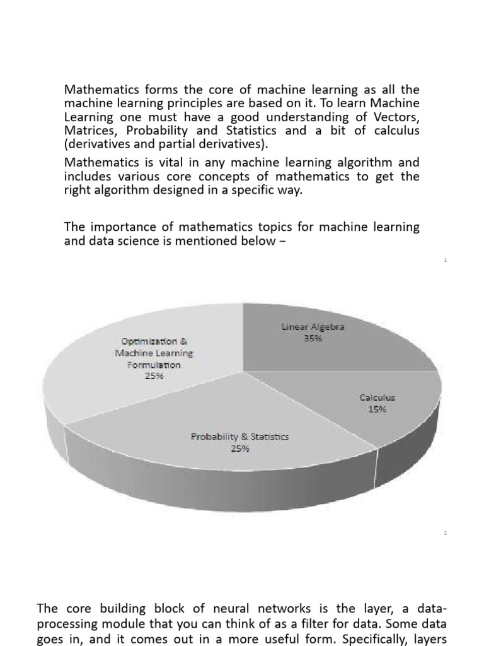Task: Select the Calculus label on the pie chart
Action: (377, 397)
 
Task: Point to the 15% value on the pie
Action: (377, 409)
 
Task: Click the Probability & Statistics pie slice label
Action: (239, 437)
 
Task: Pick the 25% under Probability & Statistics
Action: (239, 449)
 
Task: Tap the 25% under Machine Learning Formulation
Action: (154, 376)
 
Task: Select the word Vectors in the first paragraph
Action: (393, 117)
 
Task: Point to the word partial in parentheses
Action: (151, 144)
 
